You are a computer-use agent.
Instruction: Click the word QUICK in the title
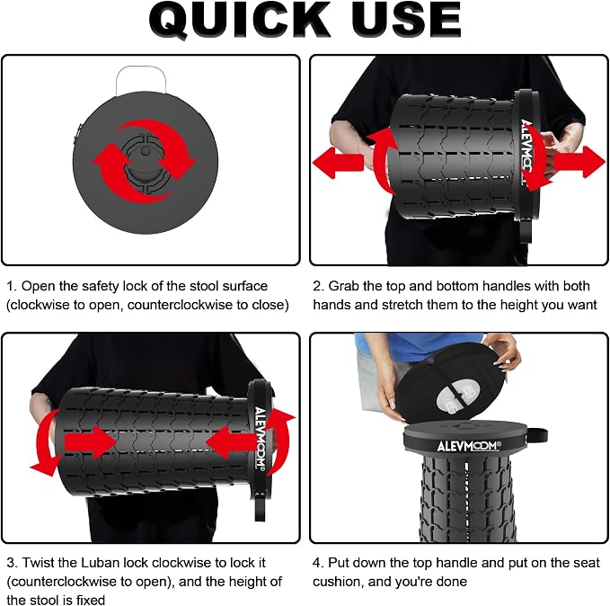[239, 21]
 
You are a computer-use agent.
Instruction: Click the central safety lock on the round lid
[145, 163]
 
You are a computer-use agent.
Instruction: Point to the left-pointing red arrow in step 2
[338, 162]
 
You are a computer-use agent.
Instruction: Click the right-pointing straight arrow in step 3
[90, 442]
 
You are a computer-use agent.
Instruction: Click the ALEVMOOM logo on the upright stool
[468, 446]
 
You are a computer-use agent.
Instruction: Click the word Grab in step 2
[343, 286]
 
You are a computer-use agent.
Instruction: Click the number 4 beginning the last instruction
[316, 563]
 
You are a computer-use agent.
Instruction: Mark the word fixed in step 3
[90, 600]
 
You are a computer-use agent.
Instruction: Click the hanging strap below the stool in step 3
[260, 505]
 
